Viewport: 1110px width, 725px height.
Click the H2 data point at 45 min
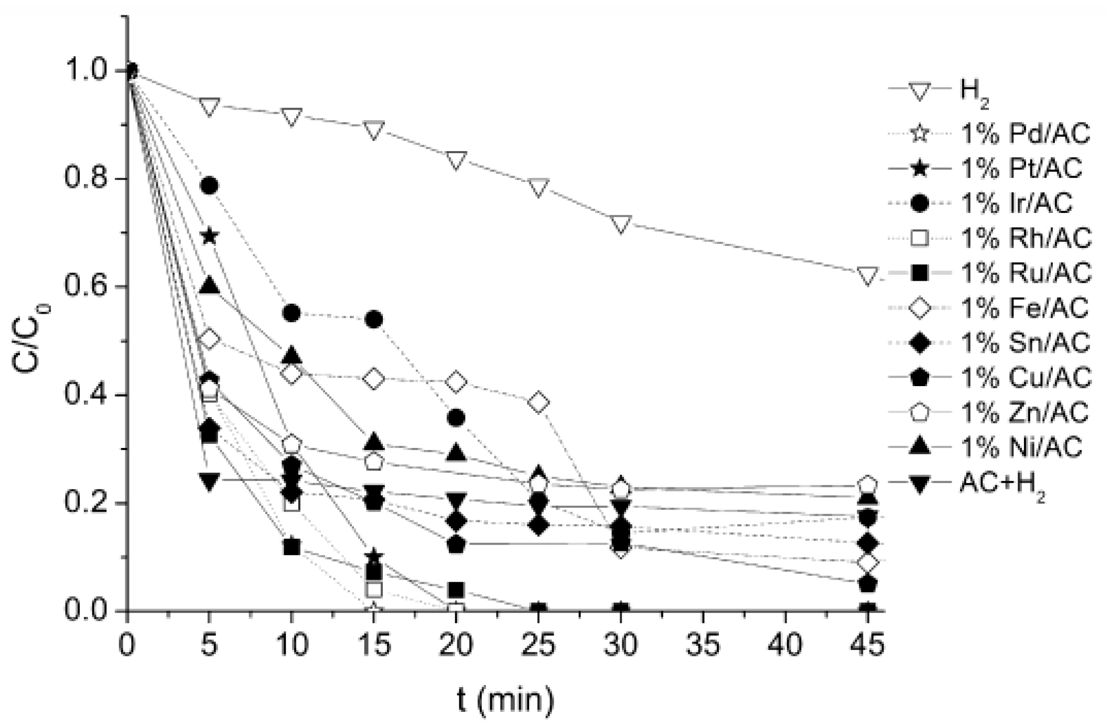click(868, 275)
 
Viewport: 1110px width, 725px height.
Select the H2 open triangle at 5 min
click(209, 106)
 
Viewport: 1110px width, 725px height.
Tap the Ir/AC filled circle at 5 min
click(209, 186)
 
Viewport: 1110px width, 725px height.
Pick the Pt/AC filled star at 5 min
click(209, 236)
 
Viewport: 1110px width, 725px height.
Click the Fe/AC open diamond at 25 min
click(538, 403)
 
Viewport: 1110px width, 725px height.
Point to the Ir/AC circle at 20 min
click(456, 418)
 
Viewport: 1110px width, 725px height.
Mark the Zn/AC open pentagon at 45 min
click(868, 484)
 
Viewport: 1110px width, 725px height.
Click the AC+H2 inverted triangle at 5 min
click(209, 481)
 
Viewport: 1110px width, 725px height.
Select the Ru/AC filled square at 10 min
click(292, 547)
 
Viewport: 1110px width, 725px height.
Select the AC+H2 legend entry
click(1001, 485)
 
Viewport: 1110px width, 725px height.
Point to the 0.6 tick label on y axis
click(85, 287)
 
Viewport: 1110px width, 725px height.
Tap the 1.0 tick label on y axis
click(85, 71)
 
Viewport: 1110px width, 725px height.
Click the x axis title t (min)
click(505, 700)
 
